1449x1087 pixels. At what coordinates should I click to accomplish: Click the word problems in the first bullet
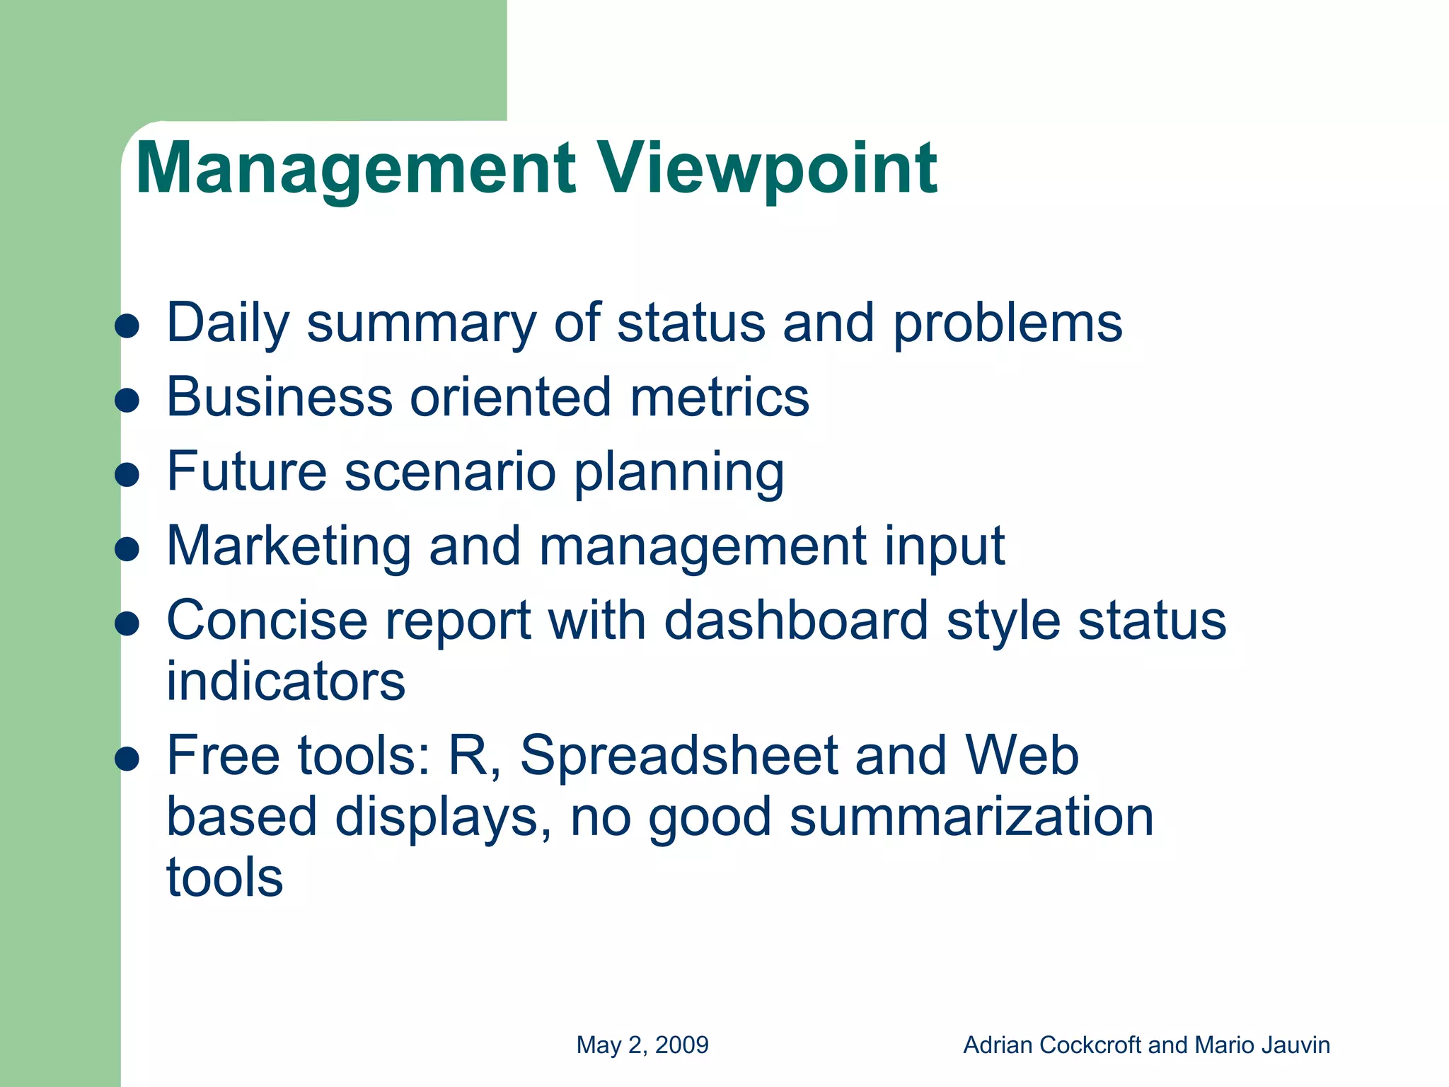pos(1008,324)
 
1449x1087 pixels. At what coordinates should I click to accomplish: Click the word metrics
pos(720,397)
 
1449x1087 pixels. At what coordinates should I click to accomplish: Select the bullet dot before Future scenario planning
pos(127,475)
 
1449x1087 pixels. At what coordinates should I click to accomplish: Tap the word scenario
pos(450,472)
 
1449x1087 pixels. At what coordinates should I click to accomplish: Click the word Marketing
pos(289,546)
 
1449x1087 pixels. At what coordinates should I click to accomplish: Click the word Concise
pos(267,621)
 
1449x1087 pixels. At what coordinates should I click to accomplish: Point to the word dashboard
pos(796,621)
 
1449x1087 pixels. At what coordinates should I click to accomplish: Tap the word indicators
pos(286,681)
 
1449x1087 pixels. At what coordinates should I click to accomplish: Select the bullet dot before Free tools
pos(127,759)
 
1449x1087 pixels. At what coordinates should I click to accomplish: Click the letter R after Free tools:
pos(468,756)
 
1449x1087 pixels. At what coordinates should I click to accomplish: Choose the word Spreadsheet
pos(679,756)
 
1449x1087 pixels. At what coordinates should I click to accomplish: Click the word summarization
pos(971,817)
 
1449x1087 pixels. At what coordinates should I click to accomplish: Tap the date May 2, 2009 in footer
pos(642,1045)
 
